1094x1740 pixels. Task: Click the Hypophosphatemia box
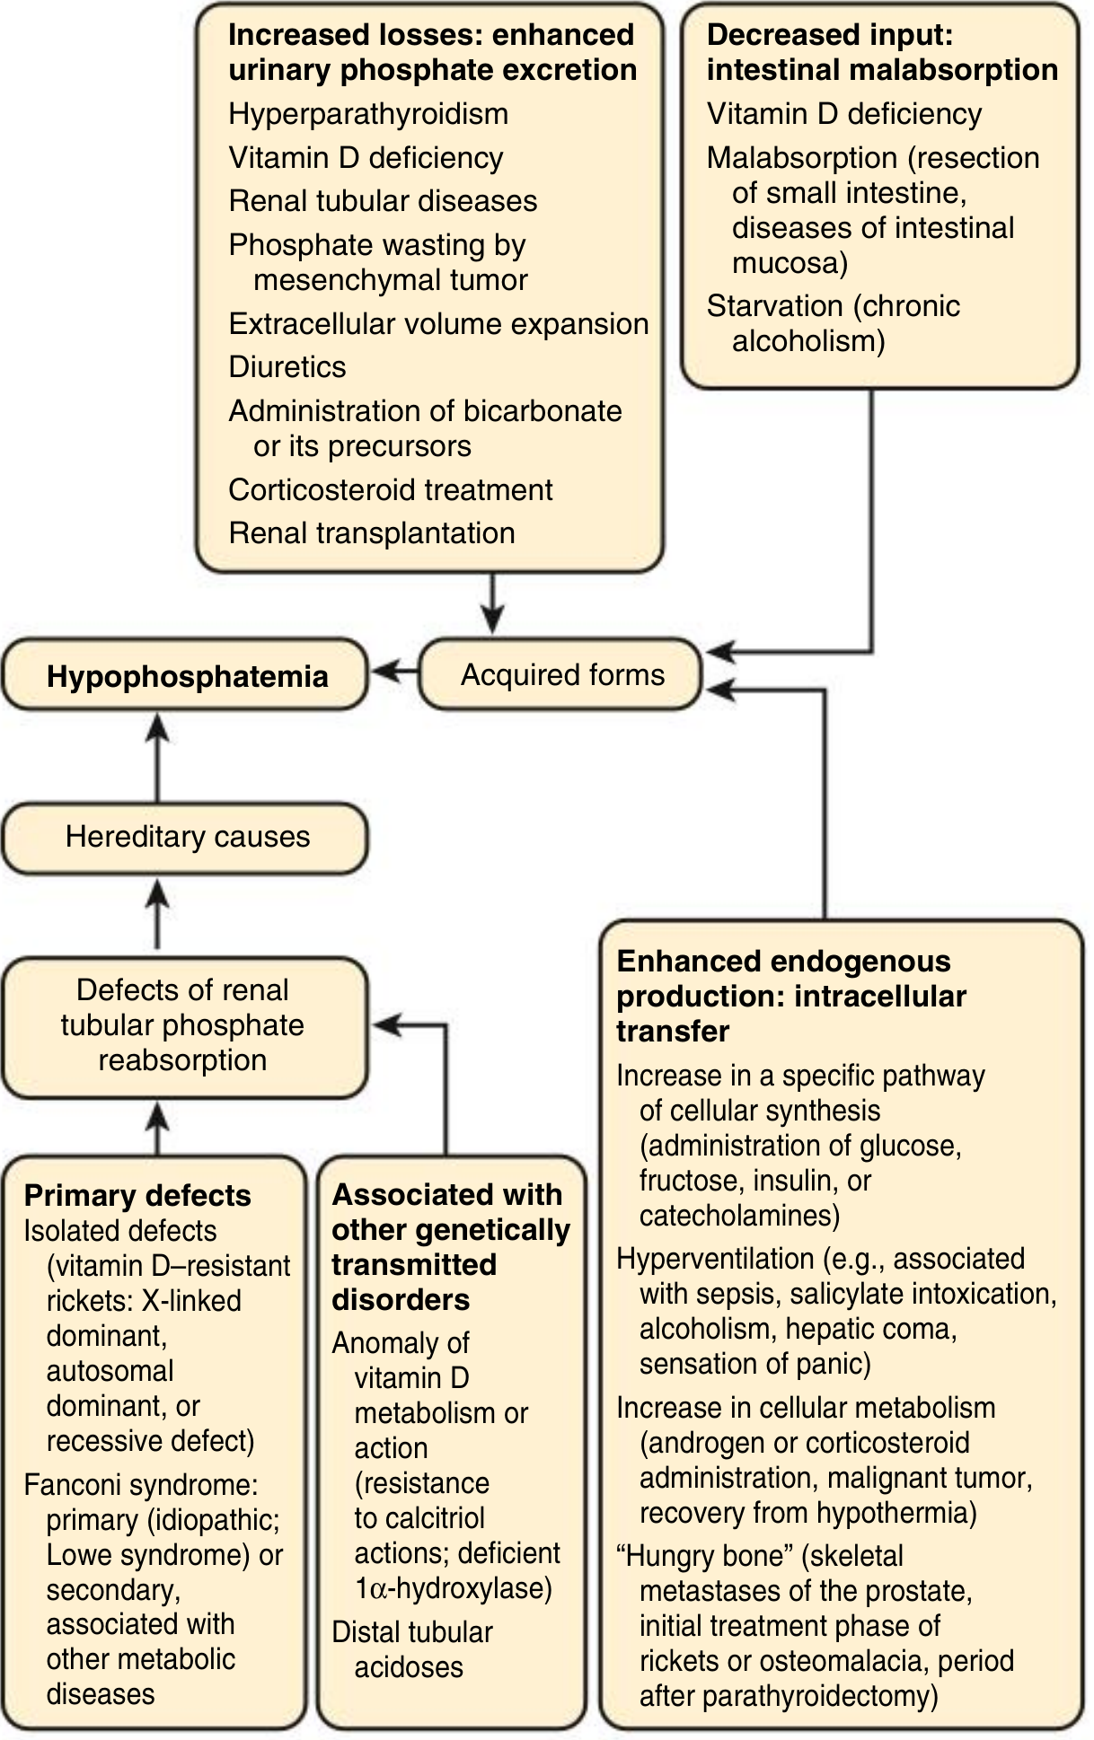coord(186,675)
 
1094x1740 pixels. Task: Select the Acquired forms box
coord(560,675)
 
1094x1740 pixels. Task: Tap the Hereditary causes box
coord(186,838)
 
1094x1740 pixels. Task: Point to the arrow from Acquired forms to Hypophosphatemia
coord(394,671)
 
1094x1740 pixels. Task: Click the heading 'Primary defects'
coord(137,1196)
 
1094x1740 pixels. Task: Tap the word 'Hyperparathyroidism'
coord(368,114)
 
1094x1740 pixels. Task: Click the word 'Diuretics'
coord(287,366)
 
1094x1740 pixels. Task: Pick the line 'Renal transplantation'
coord(372,532)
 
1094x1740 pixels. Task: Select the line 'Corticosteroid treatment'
coord(391,489)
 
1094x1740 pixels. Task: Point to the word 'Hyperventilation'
coord(715,1259)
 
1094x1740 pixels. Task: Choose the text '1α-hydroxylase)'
coord(454,1588)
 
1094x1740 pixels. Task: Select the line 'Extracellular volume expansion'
coord(438,323)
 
